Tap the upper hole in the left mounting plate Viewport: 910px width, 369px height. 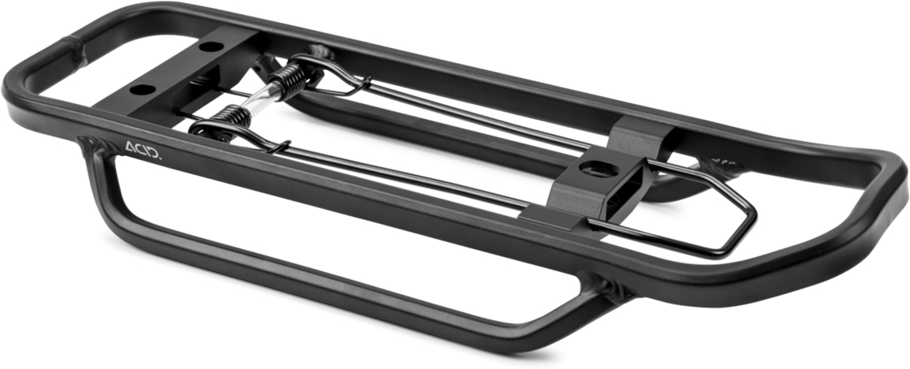click(211, 46)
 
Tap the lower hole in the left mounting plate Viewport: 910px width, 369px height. click(142, 90)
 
